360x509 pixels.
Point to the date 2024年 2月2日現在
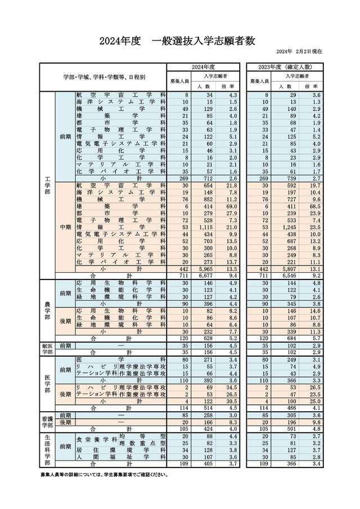(x=299, y=52)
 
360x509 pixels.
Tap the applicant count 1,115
(x=202, y=227)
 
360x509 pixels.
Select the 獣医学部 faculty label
(x=47, y=349)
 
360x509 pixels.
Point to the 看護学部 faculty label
(x=47, y=422)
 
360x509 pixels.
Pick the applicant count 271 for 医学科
(x=204, y=358)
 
